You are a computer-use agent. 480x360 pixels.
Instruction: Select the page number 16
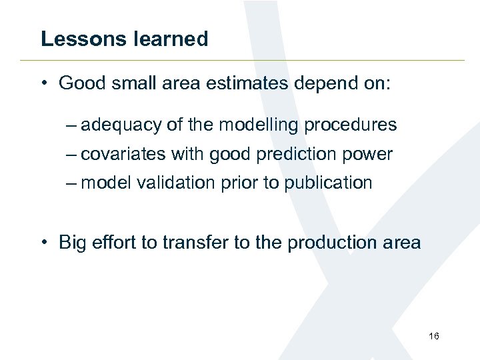(434, 336)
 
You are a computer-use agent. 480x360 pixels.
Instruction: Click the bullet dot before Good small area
(43, 83)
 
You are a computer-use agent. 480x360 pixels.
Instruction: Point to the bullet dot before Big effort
(43, 242)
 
